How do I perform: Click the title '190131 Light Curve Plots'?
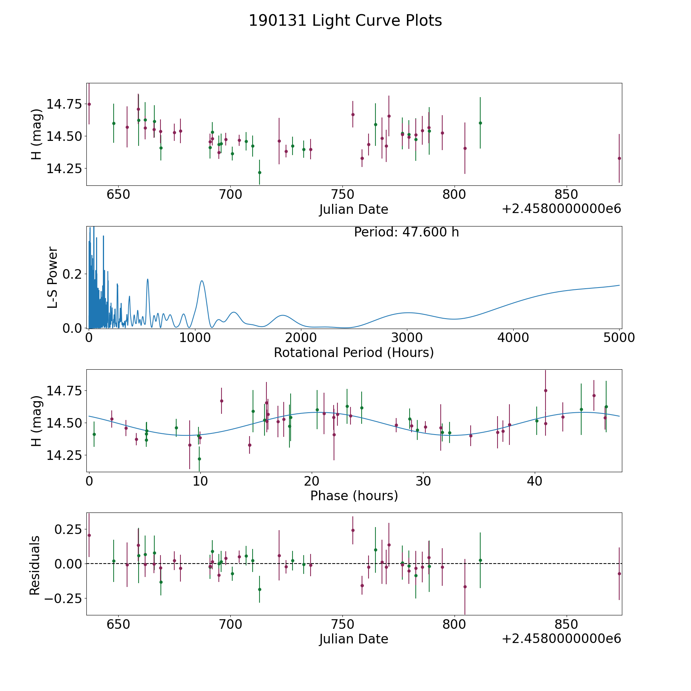pyautogui.click(x=345, y=21)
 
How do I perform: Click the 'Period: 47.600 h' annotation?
pyautogui.click(x=407, y=232)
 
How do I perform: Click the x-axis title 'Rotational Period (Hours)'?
pyautogui.click(x=354, y=352)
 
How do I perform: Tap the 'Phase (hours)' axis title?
pyautogui.click(x=354, y=496)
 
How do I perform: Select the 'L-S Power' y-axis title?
pyautogui.click(x=53, y=278)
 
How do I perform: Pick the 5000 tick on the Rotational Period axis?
pyautogui.click(x=620, y=338)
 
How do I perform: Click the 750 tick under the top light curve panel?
pyautogui.click(x=342, y=195)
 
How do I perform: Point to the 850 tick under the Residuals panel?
pyautogui.click(x=566, y=624)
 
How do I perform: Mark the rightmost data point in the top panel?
pyautogui.click(x=619, y=158)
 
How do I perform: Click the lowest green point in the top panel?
pyautogui.click(x=260, y=172)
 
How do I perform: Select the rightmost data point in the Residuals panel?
pyautogui.click(x=619, y=574)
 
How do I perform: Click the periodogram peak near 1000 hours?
pyautogui.click(x=202, y=281)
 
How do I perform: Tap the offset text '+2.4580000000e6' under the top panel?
pyautogui.click(x=562, y=209)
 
